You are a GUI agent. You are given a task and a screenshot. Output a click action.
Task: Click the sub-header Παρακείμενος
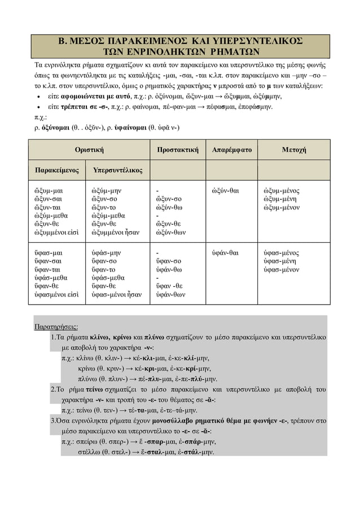click(57, 170)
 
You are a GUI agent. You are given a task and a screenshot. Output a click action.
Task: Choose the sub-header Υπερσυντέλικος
click(117, 170)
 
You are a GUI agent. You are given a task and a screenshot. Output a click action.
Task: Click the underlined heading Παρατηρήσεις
click(56, 327)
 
